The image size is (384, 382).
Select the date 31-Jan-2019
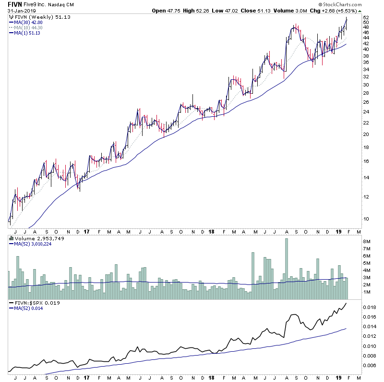coord(21,11)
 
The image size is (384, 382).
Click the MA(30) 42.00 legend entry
coord(27,22)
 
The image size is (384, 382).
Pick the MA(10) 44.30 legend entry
coord(27,27)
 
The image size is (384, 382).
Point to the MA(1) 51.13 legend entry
coord(26,33)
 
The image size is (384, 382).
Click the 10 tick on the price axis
coord(366,219)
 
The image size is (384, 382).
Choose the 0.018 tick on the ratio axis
coord(369,307)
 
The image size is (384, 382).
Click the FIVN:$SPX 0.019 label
coord(33,304)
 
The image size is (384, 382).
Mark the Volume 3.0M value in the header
coord(286,11)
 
